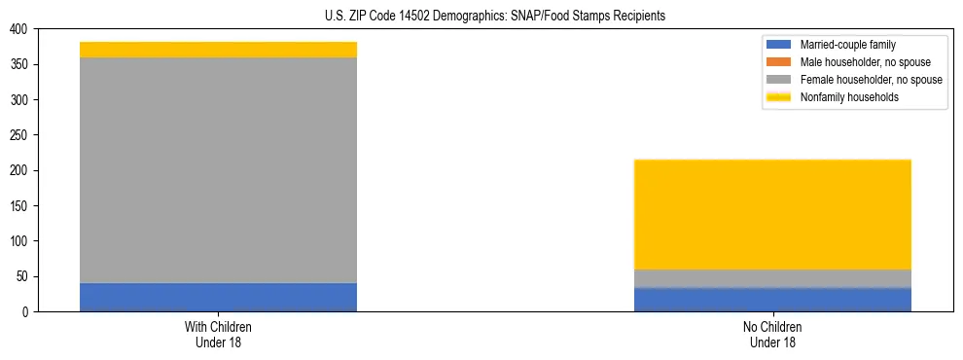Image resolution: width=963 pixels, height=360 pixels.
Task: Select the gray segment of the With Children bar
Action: pos(218,170)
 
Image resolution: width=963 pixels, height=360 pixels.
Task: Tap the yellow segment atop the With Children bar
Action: pos(218,50)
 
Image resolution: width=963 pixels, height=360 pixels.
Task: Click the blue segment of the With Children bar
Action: pos(218,297)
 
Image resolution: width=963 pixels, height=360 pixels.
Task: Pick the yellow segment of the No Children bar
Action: pos(772,214)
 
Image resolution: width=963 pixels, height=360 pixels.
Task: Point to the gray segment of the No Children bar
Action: pos(772,278)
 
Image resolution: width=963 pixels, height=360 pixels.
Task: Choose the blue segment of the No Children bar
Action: pos(772,300)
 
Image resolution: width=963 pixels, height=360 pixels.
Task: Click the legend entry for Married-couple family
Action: pos(847,45)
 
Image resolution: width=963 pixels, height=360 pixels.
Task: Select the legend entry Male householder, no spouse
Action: pos(858,62)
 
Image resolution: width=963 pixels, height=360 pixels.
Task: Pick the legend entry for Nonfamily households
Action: pos(849,97)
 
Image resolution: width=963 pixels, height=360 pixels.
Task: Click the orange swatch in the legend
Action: pos(779,62)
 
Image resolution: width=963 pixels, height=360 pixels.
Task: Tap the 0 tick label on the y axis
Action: pos(25,311)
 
